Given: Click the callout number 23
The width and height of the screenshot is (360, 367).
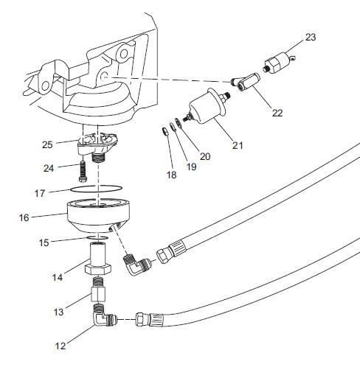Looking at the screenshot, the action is click(311, 38).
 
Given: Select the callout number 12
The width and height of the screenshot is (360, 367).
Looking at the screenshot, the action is click(60, 346).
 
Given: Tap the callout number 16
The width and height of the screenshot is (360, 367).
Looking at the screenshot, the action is click(24, 217).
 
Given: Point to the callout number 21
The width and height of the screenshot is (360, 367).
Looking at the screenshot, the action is click(238, 145).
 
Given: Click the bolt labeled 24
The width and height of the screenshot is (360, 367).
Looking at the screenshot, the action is click(83, 172).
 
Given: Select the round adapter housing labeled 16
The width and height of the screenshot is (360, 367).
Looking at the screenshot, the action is click(98, 216).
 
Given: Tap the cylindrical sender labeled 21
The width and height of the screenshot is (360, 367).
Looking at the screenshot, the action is click(207, 106).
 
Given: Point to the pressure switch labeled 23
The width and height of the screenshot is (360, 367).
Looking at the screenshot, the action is click(279, 63).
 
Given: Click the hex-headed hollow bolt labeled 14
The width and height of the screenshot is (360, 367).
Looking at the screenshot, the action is click(98, 259).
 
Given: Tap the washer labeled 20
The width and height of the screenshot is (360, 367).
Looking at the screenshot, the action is click(178, 123).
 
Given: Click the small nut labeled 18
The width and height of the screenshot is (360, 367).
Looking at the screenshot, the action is click(165, 131).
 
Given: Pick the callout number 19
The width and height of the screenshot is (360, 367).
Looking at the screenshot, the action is click(192, 167).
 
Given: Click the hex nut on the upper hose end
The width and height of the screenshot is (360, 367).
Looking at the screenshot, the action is click(162, 256).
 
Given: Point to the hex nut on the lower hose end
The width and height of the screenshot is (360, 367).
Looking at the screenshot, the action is click(140, 319).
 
